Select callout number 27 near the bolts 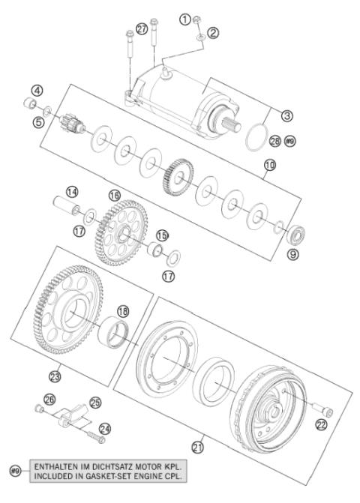[142, 30]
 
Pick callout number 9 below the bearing [293, 254]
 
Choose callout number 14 [72, 192]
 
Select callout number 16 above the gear [115, 195]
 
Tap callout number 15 [162, 235]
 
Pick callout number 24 [105, 430]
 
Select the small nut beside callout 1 [196, 20]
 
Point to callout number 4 [37, 91]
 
